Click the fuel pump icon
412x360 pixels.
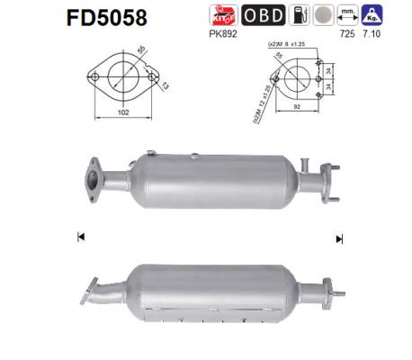300,15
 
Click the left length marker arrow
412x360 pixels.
81,237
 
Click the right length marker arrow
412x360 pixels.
339,238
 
